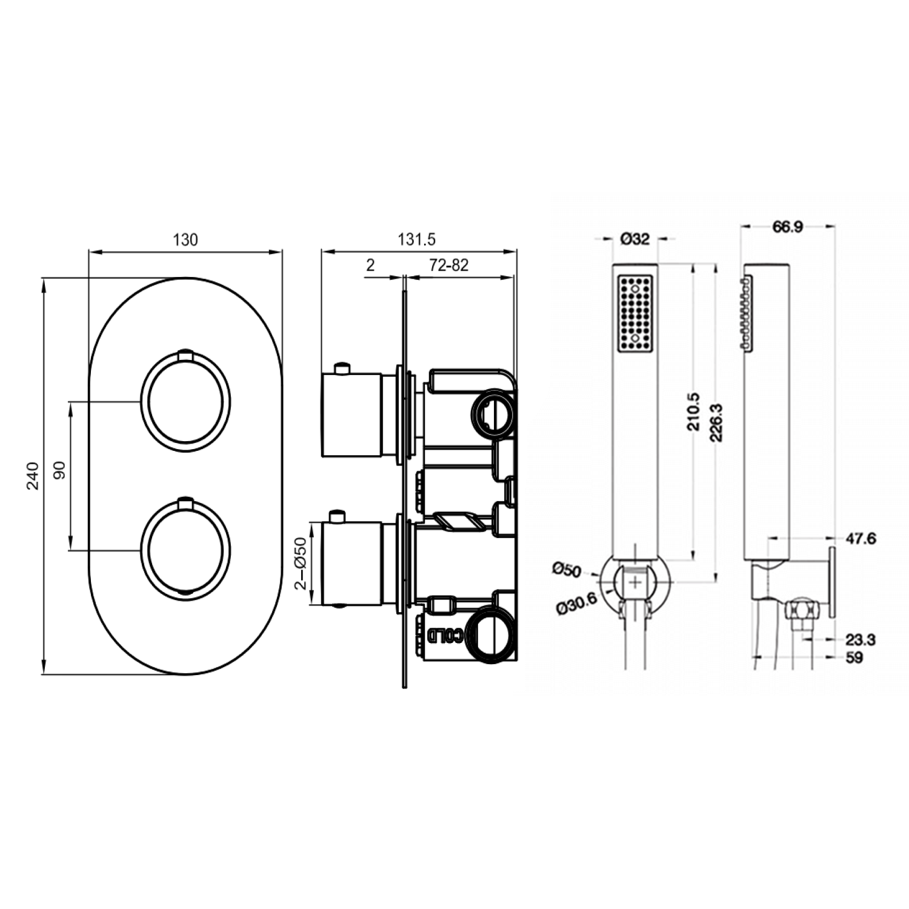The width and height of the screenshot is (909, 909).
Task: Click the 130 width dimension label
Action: pos(185,240)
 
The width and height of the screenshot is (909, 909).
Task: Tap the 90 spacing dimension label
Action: pos(59,470)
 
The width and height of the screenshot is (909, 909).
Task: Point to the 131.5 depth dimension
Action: pos(416,239)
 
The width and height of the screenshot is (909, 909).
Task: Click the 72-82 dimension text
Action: pos(448,265)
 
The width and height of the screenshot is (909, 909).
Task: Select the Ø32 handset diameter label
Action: pos(634,239)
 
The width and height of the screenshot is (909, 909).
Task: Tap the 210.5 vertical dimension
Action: pos(694,412)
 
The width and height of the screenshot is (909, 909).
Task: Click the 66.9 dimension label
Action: pos(788,227)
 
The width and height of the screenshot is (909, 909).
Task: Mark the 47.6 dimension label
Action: pos(861,538)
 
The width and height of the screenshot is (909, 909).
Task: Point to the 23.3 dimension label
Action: pos(861,639)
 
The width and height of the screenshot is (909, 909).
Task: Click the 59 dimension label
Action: pos(854,657)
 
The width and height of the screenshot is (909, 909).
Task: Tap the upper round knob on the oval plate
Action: pos(185,401)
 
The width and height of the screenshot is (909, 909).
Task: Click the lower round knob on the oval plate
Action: pos(185,550)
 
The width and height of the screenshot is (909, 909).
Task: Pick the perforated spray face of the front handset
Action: pos(634,313)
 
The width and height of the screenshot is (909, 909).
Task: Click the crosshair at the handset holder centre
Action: pos(634,582)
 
